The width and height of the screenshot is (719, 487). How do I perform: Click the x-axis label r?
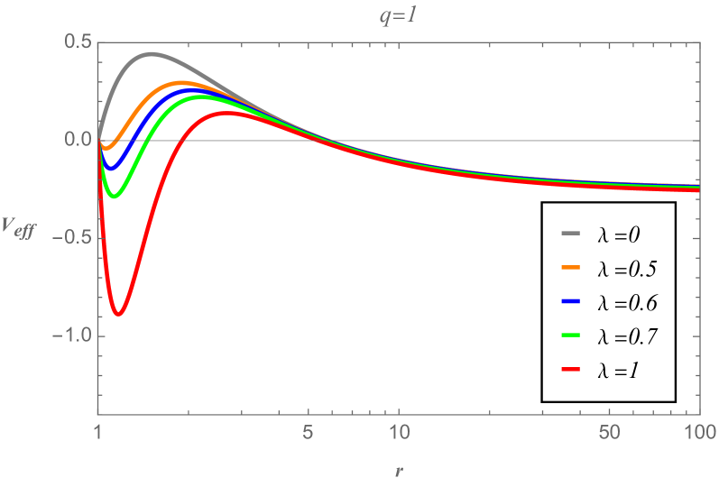click(398, 470)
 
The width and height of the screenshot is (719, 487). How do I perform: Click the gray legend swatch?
click(570, 234)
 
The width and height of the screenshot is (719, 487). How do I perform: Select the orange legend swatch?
click(570, 268)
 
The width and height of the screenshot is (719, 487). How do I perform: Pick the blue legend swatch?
click(570, 301)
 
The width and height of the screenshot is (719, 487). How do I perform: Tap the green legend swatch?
click(570, 335)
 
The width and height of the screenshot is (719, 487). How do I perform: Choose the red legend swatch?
click(570, 370)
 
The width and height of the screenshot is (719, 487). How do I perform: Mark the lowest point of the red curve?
click(118, 314)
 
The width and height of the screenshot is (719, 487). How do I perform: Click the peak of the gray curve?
click(151, 54)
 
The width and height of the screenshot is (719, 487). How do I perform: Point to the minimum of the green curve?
click(114, 196)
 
